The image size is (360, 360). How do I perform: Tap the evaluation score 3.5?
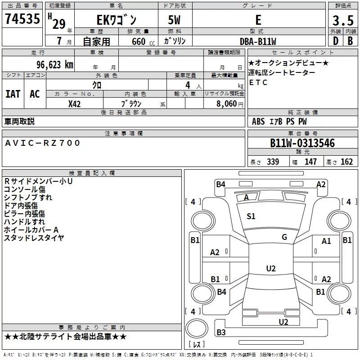click(x=342, y=21)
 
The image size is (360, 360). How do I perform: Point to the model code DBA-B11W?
click(x=258, y=41)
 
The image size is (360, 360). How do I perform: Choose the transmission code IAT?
click(x=13, y=94)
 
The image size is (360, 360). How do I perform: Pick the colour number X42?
click(x=74, y=104)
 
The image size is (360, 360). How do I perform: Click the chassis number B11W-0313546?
click(x=302, y=144)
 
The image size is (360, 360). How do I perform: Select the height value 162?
click(x=346, y=162)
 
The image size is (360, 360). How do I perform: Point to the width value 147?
click(x=310, y=162)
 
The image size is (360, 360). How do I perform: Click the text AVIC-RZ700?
click(x=43, y=143)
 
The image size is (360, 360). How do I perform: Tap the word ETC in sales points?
click(x=258, y=83)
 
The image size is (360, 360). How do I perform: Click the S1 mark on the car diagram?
click(x=251, y=216)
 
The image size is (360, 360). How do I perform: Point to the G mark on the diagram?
click(x=284, y=237)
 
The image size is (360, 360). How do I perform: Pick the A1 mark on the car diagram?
click(x=326, y=241)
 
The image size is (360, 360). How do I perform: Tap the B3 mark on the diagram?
click(x=221, y=333)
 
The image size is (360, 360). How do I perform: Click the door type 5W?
click(x=175, y=21)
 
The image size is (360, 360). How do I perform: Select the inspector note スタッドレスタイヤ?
click(x=34, y=238)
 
